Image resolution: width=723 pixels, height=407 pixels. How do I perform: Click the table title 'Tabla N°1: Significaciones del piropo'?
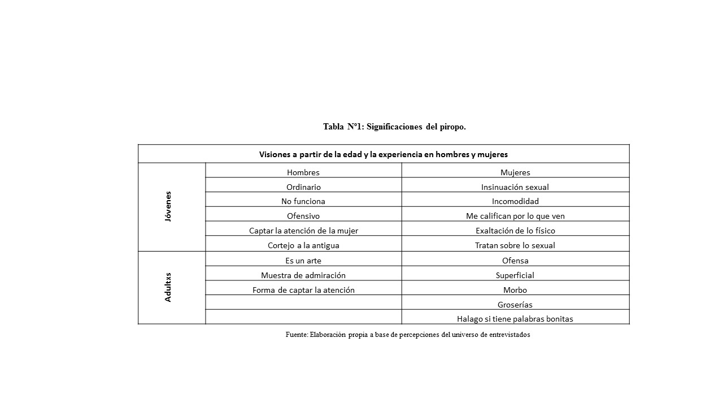tap(394, 127)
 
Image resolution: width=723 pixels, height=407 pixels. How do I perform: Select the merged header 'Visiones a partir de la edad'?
tap(383, 154)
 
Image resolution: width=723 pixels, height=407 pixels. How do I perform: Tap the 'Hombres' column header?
tap(303, 172)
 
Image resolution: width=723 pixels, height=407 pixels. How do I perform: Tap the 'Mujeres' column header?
tap(515, 172)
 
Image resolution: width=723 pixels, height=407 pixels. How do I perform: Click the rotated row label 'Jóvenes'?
tap(168, 206)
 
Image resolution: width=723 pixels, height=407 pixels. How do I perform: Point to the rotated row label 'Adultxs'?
tap(168, 287)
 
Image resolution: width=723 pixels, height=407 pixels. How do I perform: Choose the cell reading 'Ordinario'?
tap(303, 187)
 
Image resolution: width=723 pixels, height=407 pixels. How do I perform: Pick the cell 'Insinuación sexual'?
tap(515, 187)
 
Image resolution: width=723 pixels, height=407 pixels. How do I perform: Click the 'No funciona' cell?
tap(303, 201)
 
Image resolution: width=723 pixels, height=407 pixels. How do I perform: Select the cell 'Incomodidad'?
tap(515, 201)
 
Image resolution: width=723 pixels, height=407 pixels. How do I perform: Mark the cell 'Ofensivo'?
tap(303, 216)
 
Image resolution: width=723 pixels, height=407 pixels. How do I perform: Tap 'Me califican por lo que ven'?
tap(515, 216)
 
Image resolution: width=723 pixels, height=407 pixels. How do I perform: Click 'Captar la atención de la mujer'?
tap(303, 231)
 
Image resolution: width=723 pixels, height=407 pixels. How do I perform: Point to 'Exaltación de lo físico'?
tap(515, 231)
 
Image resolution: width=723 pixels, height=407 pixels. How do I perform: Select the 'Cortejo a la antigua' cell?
tap(303, 245)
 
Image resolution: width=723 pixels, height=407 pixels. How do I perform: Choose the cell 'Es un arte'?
tap(303, 261)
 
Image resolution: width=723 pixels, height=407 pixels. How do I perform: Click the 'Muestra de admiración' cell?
tap(303, 275)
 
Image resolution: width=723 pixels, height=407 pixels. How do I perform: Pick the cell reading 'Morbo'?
tap(515, 290)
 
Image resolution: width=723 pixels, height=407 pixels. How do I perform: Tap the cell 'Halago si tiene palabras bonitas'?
tap(515, 319)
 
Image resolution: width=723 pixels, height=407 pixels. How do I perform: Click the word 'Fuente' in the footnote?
tap(296, 335)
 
